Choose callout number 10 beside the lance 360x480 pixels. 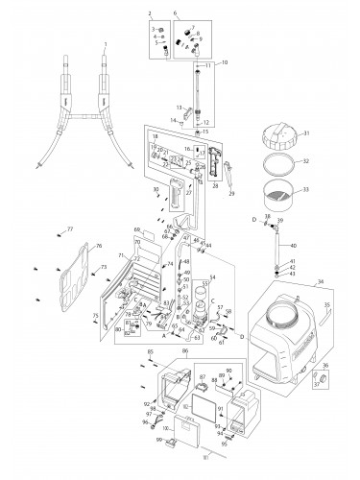(x=226, y=61)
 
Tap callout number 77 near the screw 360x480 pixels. (x=69, y=228)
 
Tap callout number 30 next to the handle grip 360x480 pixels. (x=156, y=190)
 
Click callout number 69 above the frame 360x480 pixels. (x=138, y=230)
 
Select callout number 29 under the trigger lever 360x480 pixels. (x=231, y=193)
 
